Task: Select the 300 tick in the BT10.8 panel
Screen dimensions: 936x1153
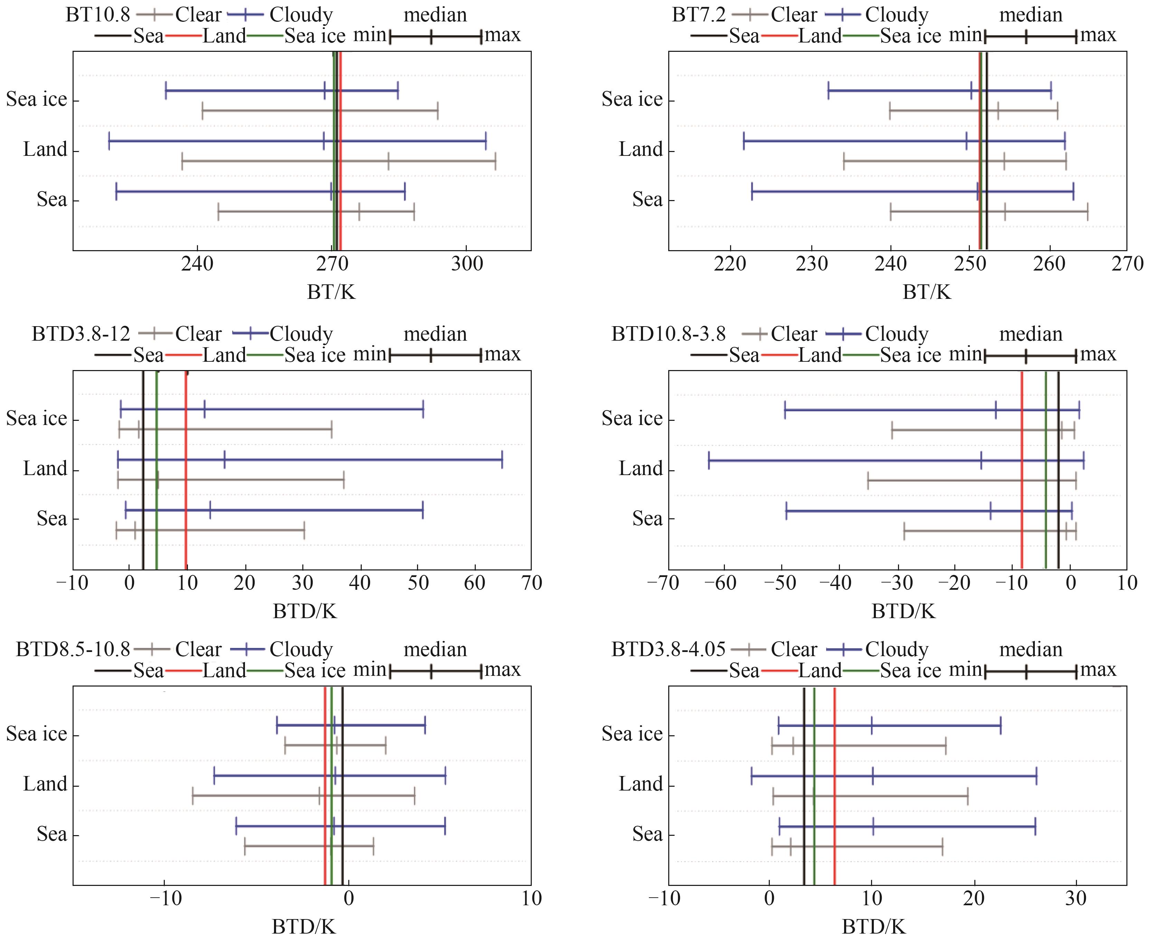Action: point(467,264)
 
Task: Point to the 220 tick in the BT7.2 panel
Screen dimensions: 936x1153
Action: point(730,264)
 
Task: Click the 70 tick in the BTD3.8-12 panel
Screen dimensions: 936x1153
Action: point(531,583)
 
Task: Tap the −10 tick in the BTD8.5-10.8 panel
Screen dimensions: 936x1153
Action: point(164,898)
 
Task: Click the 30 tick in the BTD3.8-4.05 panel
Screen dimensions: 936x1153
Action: point(1076,898)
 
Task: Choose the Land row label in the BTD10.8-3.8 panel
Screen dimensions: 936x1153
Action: point(640,469)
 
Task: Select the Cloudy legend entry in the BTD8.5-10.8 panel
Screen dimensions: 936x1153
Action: point(301,649)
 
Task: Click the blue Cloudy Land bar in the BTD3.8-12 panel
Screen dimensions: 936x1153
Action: point(310,460)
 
